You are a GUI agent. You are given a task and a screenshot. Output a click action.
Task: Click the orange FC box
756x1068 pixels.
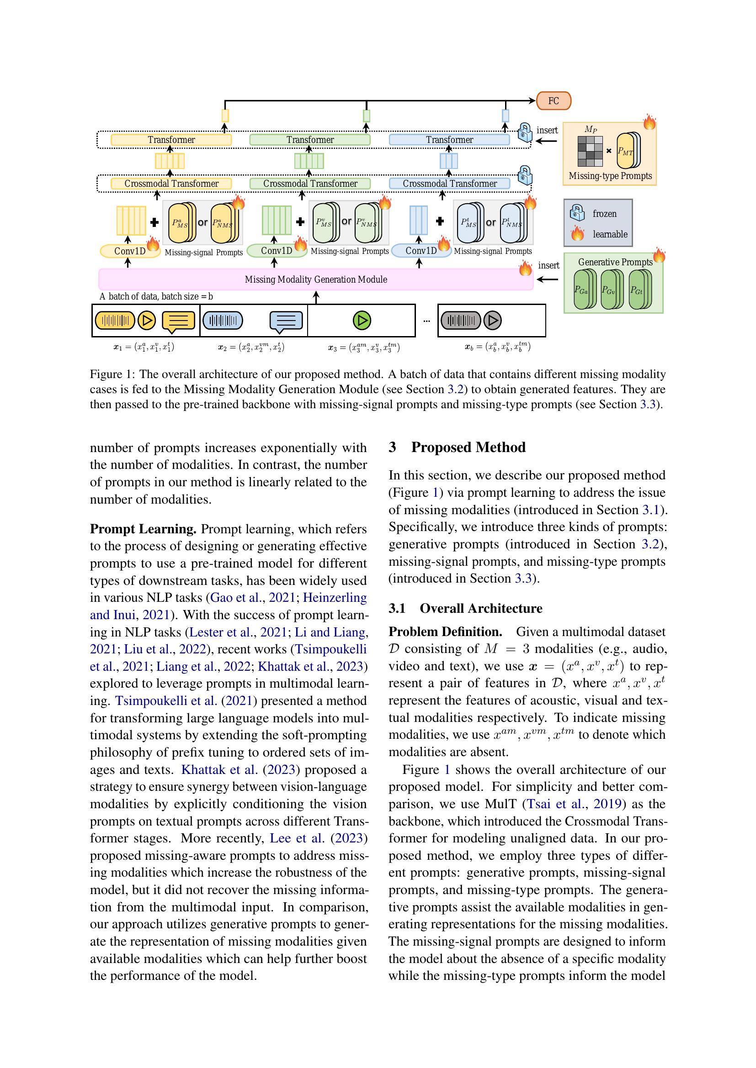[553, 101]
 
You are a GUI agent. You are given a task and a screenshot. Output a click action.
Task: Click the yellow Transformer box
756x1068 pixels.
[171, 140]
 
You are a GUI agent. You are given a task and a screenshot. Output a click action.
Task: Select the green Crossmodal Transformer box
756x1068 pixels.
[310, 183]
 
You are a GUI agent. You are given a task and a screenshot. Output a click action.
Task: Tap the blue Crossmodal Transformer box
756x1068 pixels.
[449, 183]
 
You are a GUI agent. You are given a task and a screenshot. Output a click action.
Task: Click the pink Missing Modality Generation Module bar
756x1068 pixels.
[316, 279]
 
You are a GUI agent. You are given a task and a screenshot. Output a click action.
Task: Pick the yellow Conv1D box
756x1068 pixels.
[130, 251]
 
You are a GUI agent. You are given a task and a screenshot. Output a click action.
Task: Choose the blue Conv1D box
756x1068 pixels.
[421, 251]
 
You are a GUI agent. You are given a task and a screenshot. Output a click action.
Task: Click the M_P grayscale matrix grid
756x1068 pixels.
[590, 151]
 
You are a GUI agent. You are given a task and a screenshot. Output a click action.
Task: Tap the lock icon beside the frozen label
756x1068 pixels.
[577, 213]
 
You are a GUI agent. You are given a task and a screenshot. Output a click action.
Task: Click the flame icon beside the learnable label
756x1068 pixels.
[577, 233]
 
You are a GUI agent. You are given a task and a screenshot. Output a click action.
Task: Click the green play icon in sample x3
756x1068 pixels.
[362, 320]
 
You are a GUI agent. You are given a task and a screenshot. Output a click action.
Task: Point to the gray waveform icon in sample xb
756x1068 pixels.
[460, 320]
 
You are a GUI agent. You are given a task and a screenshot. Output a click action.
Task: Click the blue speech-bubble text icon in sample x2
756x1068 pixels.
[286, 321]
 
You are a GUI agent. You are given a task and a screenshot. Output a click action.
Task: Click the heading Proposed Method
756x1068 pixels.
[468, 447]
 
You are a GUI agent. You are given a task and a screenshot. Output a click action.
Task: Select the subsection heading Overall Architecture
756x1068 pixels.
[481, 608]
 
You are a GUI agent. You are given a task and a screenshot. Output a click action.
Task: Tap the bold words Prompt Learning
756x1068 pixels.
[143, 529]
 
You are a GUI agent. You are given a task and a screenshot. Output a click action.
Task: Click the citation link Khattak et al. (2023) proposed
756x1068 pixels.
[219, 770]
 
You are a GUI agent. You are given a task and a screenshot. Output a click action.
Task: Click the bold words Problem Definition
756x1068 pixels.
[445, 631]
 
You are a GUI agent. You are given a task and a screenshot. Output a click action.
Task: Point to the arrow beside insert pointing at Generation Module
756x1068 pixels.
[548, 279]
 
